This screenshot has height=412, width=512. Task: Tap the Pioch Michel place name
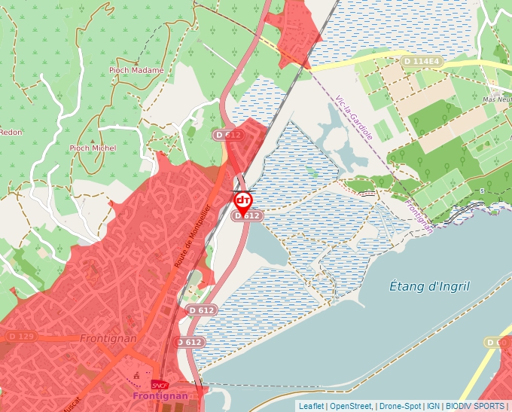(x=93, y=148)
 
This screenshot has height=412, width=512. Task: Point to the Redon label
(x=11, y=132)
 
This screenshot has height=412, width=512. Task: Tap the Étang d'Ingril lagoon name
(x=429, y=286)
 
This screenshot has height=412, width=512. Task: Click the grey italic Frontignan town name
(x=108, y=338)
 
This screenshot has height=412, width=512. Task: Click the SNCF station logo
(x=160, y=384)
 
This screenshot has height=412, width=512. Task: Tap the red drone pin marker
(x=243, y=200)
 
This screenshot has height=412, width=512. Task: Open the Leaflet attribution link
(x=311, y=406)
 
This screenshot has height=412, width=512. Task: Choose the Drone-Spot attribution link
(x=400, y=406)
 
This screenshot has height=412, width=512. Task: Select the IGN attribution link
(x=433, y=406)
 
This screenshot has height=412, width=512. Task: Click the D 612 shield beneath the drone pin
(x=247, y=215)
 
